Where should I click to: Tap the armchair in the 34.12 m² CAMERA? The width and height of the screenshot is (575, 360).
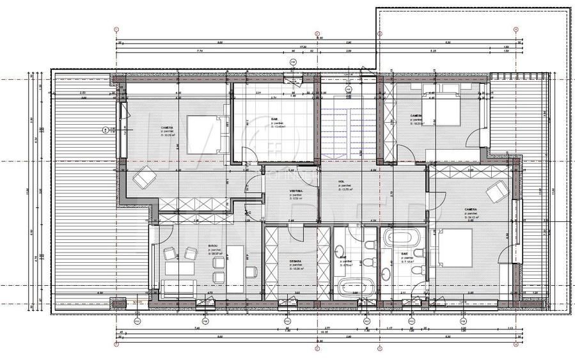click(495, 191)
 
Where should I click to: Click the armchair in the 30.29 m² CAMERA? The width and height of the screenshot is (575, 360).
click(143, 178)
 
